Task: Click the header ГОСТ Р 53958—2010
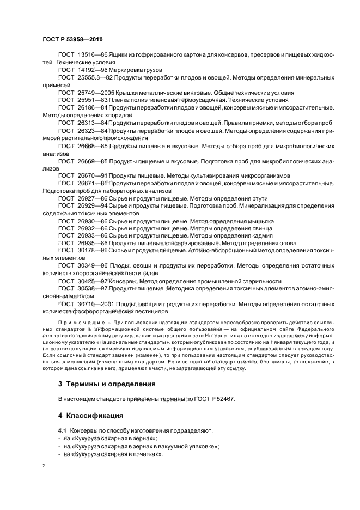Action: coord(72,40)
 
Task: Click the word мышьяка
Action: coord(259,221)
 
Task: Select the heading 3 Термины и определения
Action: coord(107,384)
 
